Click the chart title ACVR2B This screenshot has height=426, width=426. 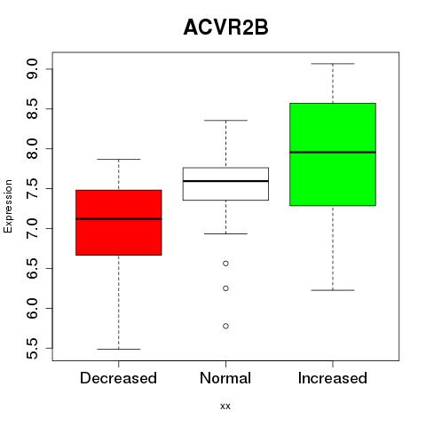click(x=225, y=28)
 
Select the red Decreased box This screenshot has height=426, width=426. click(x=119, y=223)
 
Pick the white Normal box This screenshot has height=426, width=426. click(x=225, y=184)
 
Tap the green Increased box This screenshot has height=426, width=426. click(x=333, y=154)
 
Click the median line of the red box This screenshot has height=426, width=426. click(x=119, y=219)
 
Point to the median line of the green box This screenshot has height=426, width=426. click(x=333, y=153)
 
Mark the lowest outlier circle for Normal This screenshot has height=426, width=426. click(x=225, y=326)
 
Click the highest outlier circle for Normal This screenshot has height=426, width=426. click(x=225, y=264)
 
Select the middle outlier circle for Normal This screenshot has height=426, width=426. click(x=225, y=288)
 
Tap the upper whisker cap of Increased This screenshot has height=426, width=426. click(x=333, y=64)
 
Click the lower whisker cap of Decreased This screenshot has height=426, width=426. click(x=119, y=349)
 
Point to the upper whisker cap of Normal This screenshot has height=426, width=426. click(x=225, y=121)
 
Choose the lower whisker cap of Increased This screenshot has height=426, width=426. click(x=333, y=290)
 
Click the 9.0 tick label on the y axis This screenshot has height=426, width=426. click(x=32, y=68)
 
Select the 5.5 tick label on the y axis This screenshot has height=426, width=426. click(x=32, y=348)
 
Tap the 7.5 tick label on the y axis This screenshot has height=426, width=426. click(x=32, y=188)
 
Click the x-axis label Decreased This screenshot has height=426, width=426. click(x=118, y=378)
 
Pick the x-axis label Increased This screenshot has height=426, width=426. click(x=333, y=378)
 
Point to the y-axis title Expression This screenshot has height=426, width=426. click(x=8, y=206)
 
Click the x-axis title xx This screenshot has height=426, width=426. click(x=225, y=406)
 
